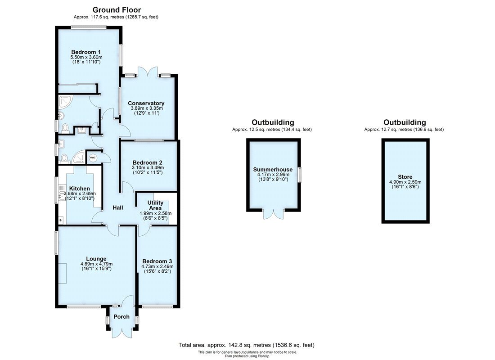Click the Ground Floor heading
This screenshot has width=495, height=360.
coord(117,10)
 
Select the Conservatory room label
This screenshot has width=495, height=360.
coord(146,103)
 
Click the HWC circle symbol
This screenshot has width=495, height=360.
coord(93,158)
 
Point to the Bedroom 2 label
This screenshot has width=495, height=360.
coord(148,162)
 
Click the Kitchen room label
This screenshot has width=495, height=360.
coord(79,189)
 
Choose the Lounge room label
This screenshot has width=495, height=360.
coord(96,259)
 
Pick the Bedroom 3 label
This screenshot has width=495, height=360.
coord(157,261)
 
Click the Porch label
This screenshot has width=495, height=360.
coord(121,317)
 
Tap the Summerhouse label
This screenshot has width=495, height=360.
coord(273,170)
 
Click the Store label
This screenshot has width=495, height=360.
coord(405,177)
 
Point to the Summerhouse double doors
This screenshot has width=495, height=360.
coord(273,215)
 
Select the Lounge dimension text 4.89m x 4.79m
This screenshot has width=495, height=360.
coord(96,264)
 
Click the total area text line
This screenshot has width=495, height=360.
coord(246,345)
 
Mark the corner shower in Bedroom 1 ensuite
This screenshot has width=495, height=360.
coord(66,103)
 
